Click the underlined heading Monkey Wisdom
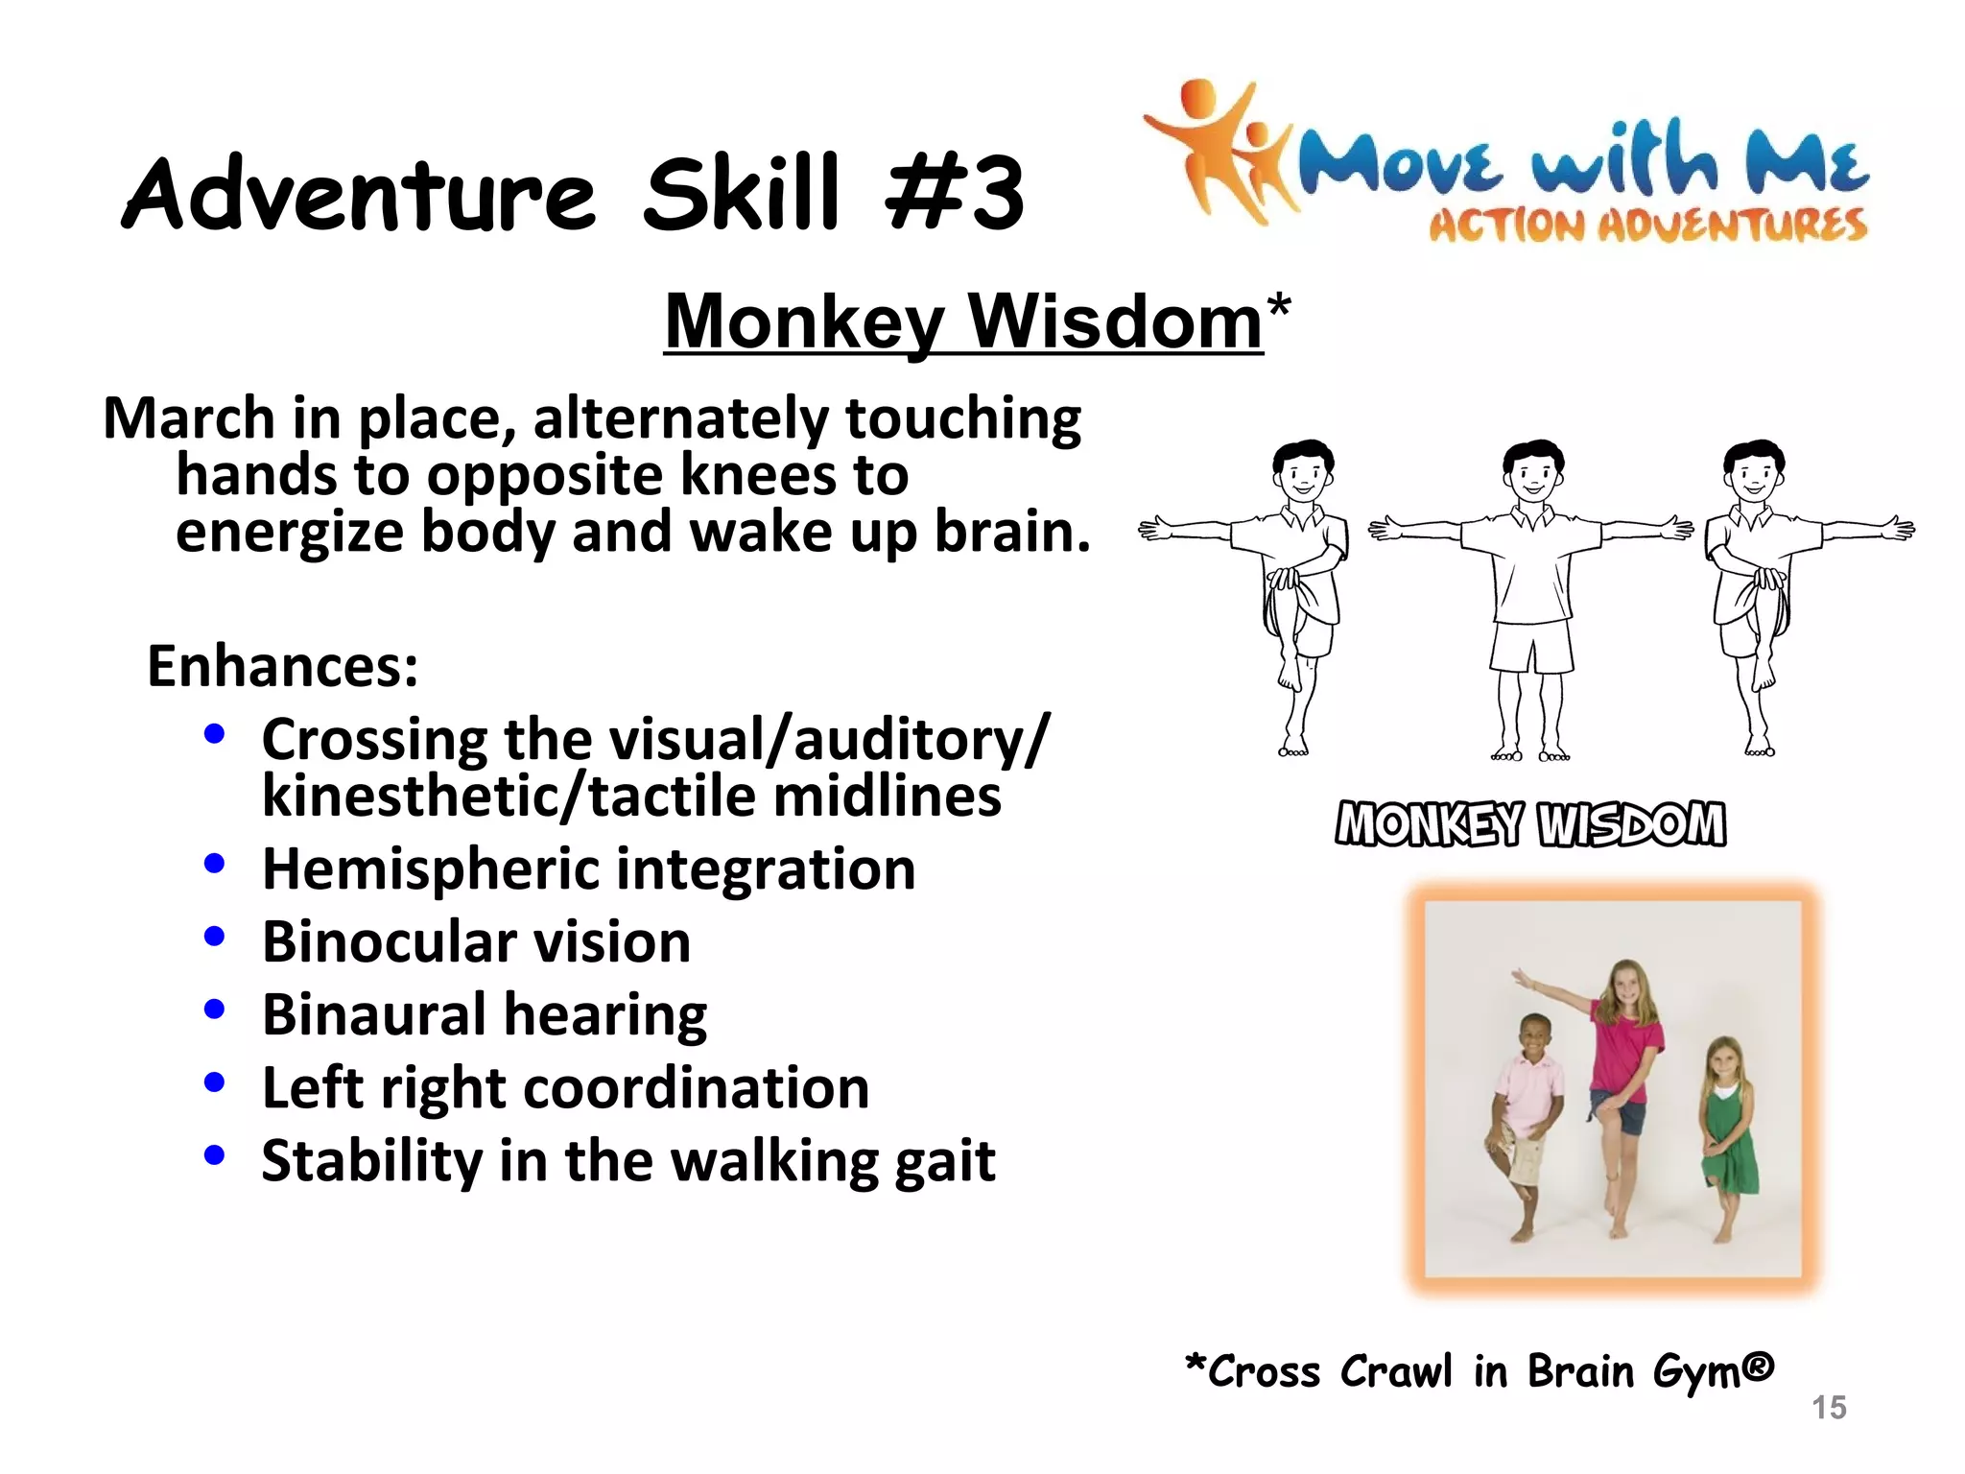tap(962, 322)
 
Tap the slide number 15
tap(1829, 1407)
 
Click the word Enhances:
tap(283, 666)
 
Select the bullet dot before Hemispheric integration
tap(215, 864)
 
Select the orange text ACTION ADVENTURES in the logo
tap(1647, 226)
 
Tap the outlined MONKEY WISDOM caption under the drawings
tap(1530, 824)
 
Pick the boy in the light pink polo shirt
tap(1526, 1118)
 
